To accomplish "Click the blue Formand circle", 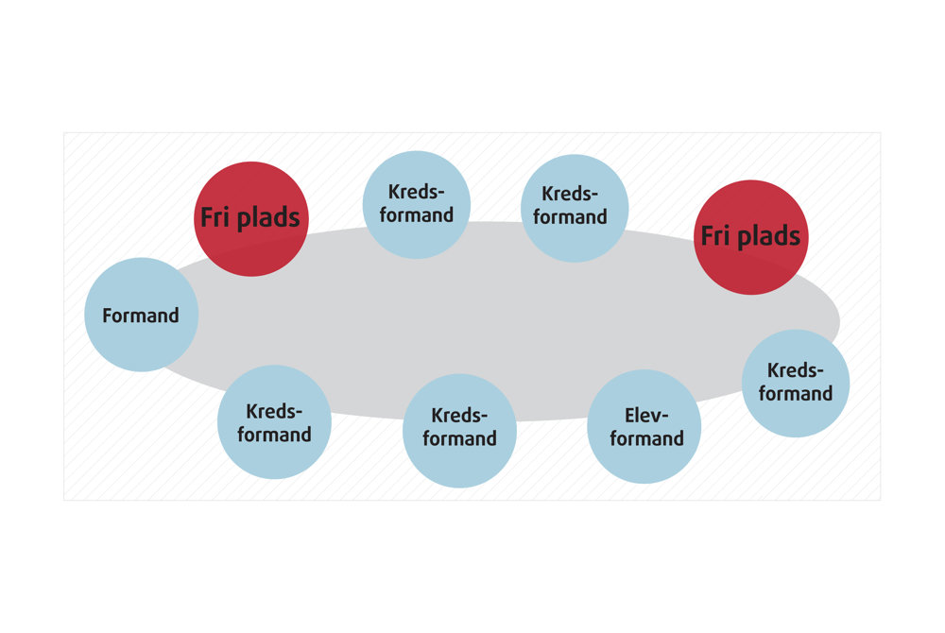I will click(141, 315).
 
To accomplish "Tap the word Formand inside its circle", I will click(141, 316).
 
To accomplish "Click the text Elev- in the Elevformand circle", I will click(646, 415).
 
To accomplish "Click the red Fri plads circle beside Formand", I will click(250, 218).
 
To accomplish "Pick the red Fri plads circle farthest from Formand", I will click(750, 236).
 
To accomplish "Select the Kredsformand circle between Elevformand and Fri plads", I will click(795, 383).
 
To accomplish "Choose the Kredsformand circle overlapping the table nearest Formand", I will click(274, 422).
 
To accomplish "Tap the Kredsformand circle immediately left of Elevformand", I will click(459, 430).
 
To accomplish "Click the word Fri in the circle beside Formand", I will click(215, 218).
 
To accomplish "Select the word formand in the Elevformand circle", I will click(646, 438).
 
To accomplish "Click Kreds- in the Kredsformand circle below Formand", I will click(274, 412).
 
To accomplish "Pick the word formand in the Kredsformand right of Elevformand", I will click(795, 394).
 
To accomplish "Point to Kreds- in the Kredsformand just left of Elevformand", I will click(459, 416).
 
